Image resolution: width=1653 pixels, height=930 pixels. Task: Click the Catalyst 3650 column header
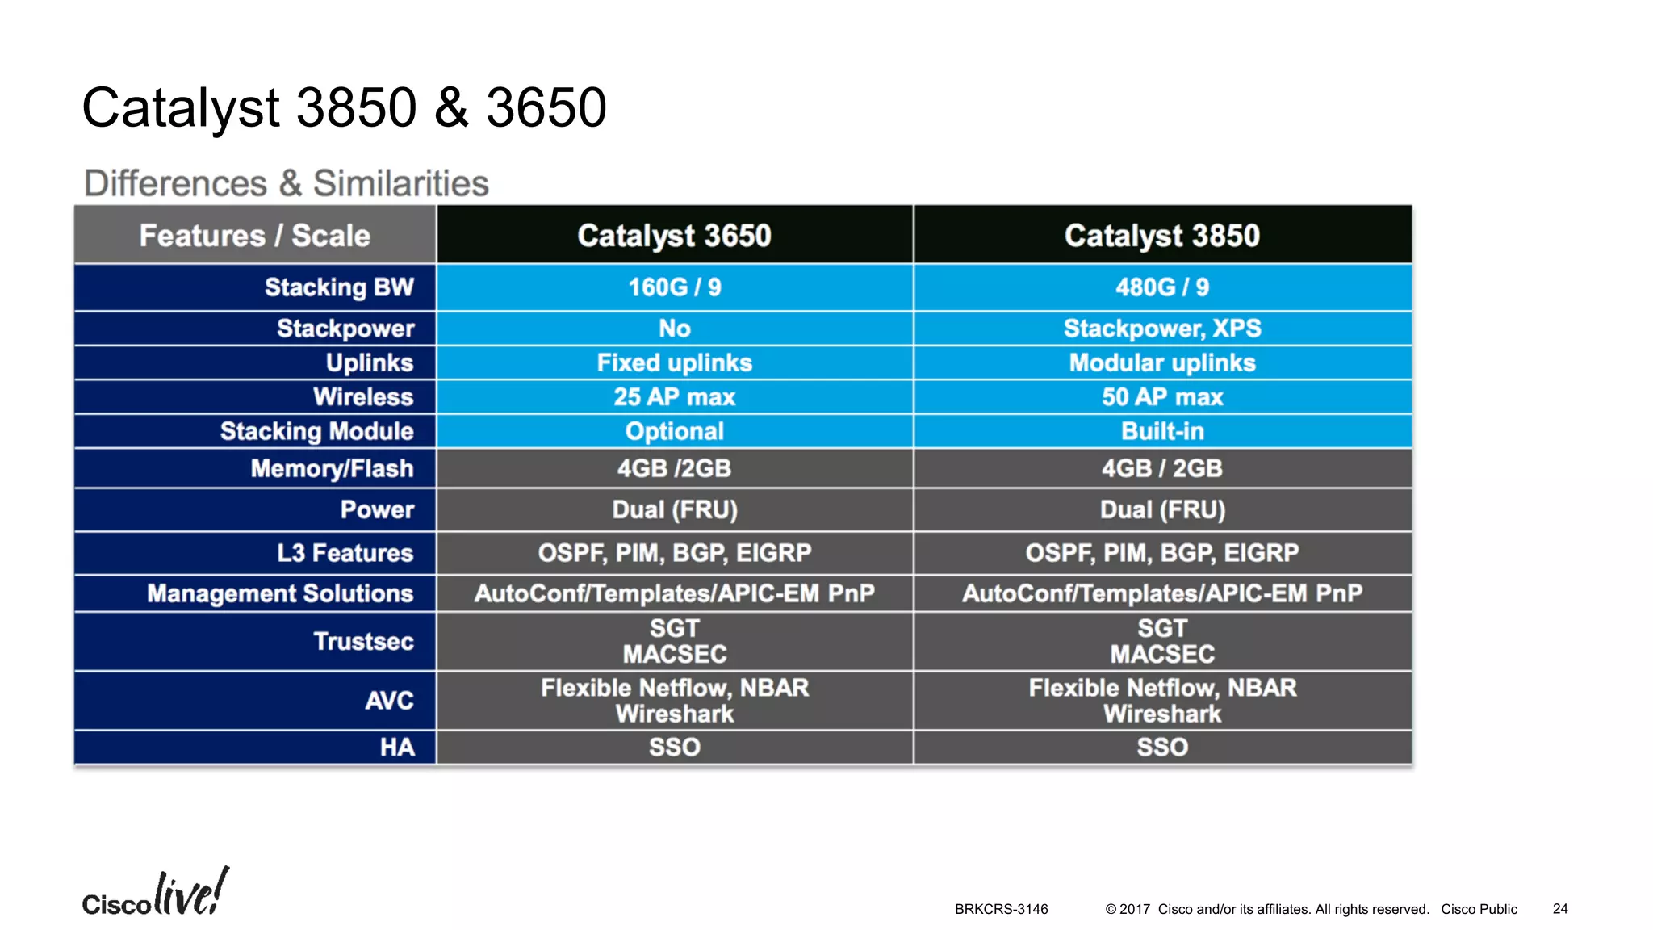[x=674, y=236]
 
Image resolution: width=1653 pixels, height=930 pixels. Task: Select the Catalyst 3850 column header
[x=1161, y=236]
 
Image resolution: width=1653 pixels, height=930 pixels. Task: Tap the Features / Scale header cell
[x=254, y=236]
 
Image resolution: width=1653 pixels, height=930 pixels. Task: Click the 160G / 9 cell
[x=674, y=287]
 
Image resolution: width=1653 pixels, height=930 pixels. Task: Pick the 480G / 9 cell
[x=1161, y=287]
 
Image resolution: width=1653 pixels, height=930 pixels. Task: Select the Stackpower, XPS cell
[x=1161, y=329]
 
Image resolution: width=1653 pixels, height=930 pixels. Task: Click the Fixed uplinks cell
[x=674, y=363]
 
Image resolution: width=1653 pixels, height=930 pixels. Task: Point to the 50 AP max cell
[x=1161, y=397]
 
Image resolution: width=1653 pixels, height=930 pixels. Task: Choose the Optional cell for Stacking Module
[x=674, y=431]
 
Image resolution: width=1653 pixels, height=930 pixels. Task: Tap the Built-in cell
[x=1161, y=431]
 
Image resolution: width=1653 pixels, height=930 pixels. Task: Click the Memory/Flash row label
[x=332, y=468]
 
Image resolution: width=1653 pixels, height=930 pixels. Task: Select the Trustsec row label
[x=363, y=641]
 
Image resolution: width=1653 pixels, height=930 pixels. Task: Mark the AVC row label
[x=389, y=701]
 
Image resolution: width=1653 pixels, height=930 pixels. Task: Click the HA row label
[x=397, y=748]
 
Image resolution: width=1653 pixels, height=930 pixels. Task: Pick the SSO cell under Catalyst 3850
[x=1161, y=748]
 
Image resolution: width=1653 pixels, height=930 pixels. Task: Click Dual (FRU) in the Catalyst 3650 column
[x=674, y=510]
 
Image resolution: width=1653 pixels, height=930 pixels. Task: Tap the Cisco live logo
[x=155, y=894]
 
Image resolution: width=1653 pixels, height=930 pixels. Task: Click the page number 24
[x=1559, y=909]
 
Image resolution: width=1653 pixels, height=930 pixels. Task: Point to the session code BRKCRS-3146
[x=1001, y=909]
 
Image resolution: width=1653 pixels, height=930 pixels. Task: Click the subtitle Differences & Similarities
[x=287, y=183]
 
